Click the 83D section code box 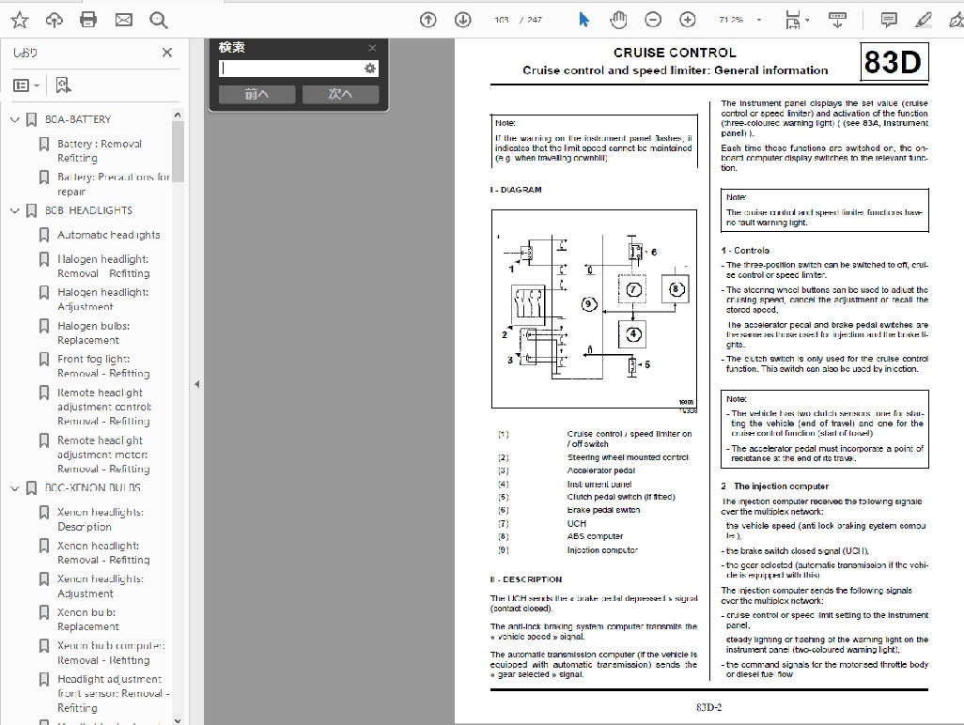893,62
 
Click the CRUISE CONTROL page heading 675,53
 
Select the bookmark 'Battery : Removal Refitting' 99,151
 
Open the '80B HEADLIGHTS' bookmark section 88,210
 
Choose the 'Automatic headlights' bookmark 108,235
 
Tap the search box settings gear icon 370,69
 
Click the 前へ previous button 257,94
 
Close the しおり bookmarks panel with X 167,53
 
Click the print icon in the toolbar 88,20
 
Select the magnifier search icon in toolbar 158,20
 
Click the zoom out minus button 653,20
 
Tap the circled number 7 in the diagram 633,289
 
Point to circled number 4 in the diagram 633,333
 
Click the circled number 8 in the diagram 676,289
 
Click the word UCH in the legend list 577,523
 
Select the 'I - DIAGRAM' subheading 516,190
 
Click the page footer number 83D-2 708,707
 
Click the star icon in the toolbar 19,20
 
